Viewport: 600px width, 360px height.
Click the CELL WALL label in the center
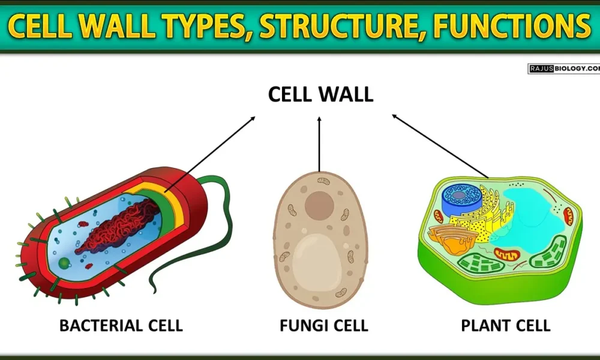click(320, 94)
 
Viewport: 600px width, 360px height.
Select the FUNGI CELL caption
click(323, 326)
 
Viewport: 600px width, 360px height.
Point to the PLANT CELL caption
click(505, 326)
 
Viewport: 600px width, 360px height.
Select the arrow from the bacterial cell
click(210, 153)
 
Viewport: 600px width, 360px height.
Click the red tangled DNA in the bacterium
click(114, 228)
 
